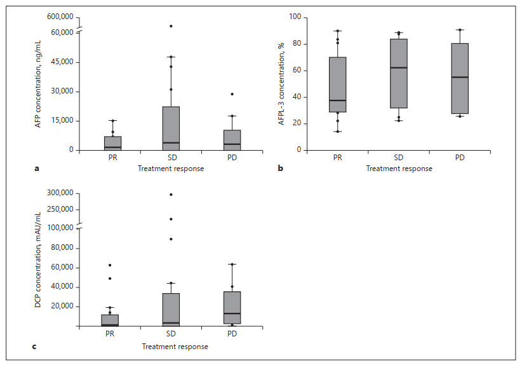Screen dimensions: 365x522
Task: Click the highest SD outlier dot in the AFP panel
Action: coord(171,26)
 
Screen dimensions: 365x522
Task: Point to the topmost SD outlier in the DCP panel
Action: coord(171,195)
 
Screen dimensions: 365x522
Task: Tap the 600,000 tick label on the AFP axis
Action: coord(60,17)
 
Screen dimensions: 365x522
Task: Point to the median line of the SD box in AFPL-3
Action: coord(398,67)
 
